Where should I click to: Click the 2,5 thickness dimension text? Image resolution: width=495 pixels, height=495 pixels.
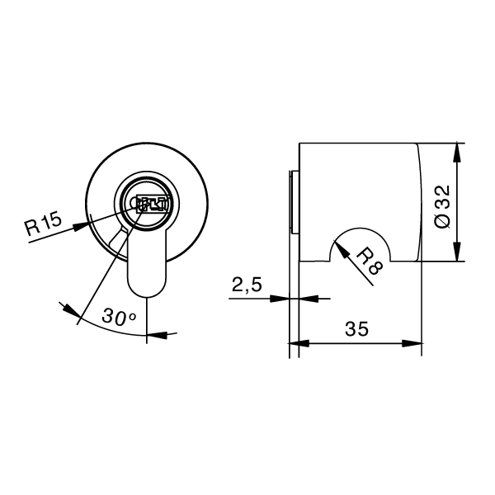(x=246, y=285)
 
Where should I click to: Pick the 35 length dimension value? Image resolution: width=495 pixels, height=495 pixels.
(x=356, y=328)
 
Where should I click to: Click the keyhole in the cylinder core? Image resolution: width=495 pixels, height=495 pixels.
(x=150, y=205)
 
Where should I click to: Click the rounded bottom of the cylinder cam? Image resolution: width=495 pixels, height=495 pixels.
(x=148, y=288)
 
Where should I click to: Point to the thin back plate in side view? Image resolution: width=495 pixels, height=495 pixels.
(x=292, y=202)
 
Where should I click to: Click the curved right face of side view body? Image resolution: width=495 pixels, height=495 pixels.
(x=421, y=202)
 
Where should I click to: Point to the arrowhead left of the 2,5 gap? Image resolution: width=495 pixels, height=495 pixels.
(x=283, y=299)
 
